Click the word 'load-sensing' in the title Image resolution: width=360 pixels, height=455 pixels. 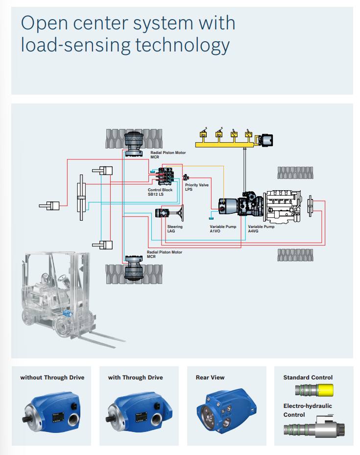(x=74, y=45)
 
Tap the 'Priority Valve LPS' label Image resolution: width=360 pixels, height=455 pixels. (x=196, y=187)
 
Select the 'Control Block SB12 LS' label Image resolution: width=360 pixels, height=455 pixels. (x=160, y=192)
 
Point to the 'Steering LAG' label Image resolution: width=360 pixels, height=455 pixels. (x=175, y=229)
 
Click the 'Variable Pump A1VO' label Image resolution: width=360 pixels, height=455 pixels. (x=223, y=229)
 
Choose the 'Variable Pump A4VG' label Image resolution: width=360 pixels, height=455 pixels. (x=261, y=229)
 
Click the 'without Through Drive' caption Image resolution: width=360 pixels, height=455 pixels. (x=52, y=378)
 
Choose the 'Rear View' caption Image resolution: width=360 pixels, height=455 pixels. (x=210, y=378)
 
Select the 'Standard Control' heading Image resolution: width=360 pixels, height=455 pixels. (x=308, y=378)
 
